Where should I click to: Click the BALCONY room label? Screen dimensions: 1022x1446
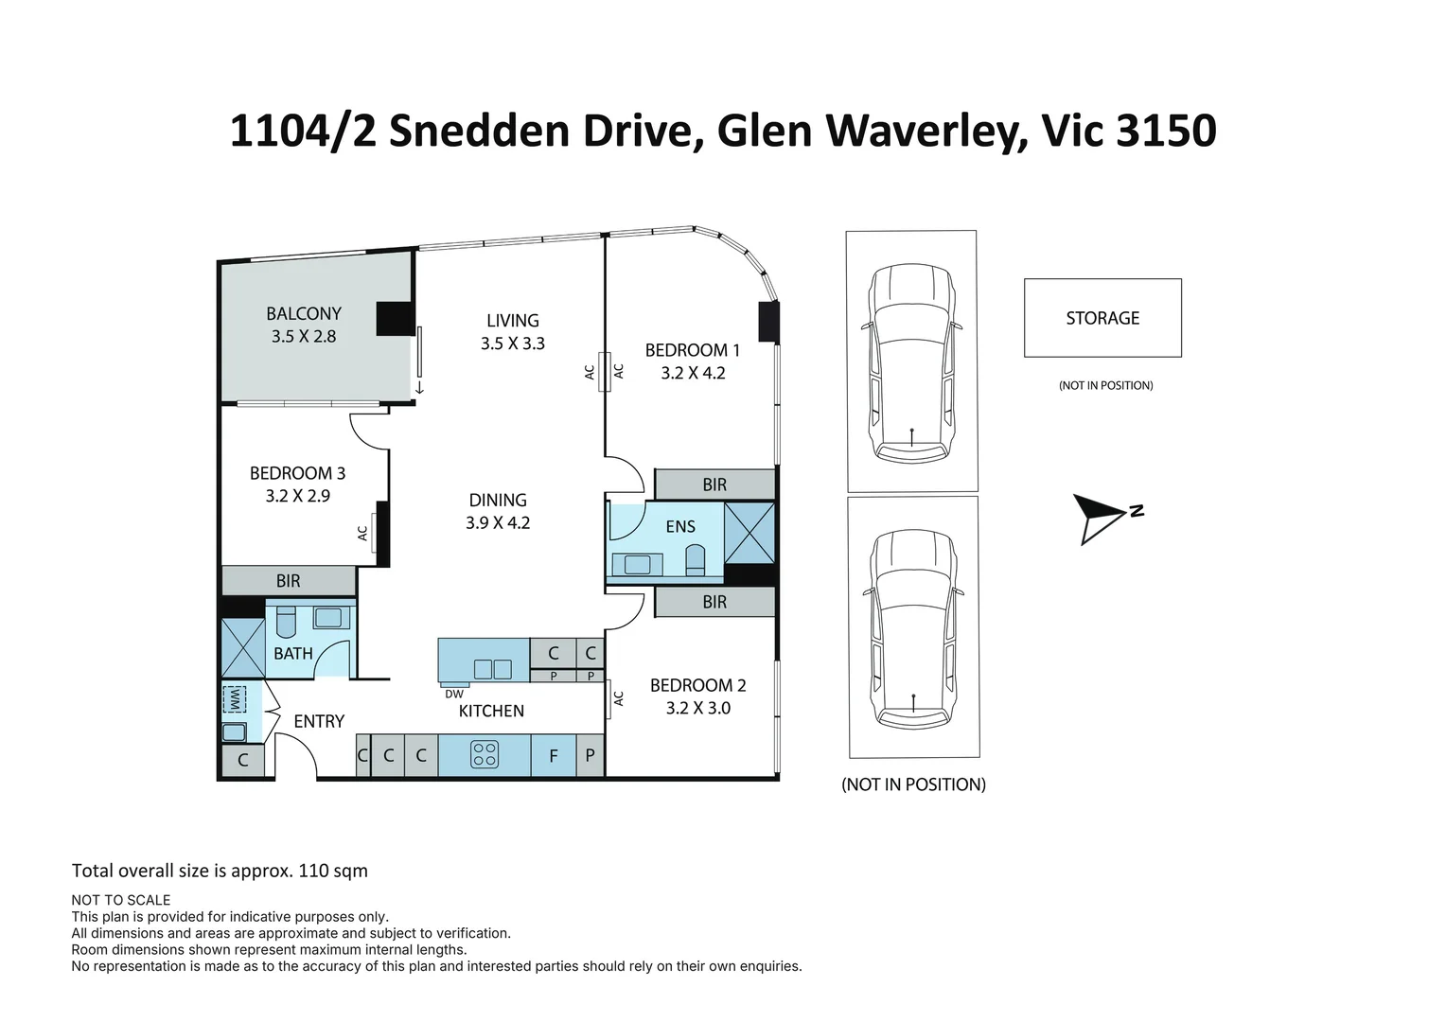(303, 313)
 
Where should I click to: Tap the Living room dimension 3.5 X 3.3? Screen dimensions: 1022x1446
(512, 344)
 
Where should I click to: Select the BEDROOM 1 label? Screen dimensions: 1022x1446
(692, 350)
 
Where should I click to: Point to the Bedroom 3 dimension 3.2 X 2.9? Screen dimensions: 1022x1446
(297, 496)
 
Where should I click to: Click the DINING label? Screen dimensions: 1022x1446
(498, 500)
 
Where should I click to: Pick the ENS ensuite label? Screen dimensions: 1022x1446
(679, 527)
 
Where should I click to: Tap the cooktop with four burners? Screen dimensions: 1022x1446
(484, 754)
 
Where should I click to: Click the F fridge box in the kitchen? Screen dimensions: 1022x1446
(554, 755)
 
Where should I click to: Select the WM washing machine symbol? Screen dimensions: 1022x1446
(235, 699)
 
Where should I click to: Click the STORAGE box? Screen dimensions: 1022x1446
(1102, 318)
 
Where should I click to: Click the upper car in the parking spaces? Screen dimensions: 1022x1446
(911, 362)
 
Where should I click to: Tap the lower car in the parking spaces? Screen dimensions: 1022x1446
(913, 628)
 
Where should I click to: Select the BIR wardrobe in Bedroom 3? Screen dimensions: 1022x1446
(289, 581)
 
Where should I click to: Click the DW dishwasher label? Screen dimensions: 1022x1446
(454, 694)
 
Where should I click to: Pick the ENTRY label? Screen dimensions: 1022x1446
(319, 721)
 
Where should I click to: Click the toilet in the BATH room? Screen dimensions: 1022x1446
(286, 621)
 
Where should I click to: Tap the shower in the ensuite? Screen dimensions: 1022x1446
(749, 533)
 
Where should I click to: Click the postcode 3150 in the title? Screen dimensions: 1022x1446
(1166, 131)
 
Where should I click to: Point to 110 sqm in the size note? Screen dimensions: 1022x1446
(332, 871)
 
